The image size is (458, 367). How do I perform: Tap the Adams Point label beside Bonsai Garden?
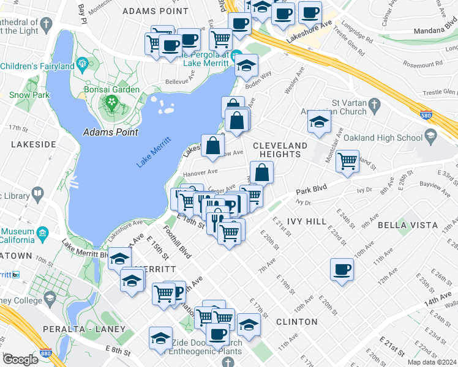coord(110,132)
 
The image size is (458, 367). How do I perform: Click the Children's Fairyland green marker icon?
coord(82,64)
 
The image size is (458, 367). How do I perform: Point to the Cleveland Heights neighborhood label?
coord(280,149)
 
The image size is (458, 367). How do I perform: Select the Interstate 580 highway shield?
coord(426,115)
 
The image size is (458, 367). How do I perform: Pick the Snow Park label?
coord(29,95)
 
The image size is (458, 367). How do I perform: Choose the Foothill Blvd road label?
coord(177,245)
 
